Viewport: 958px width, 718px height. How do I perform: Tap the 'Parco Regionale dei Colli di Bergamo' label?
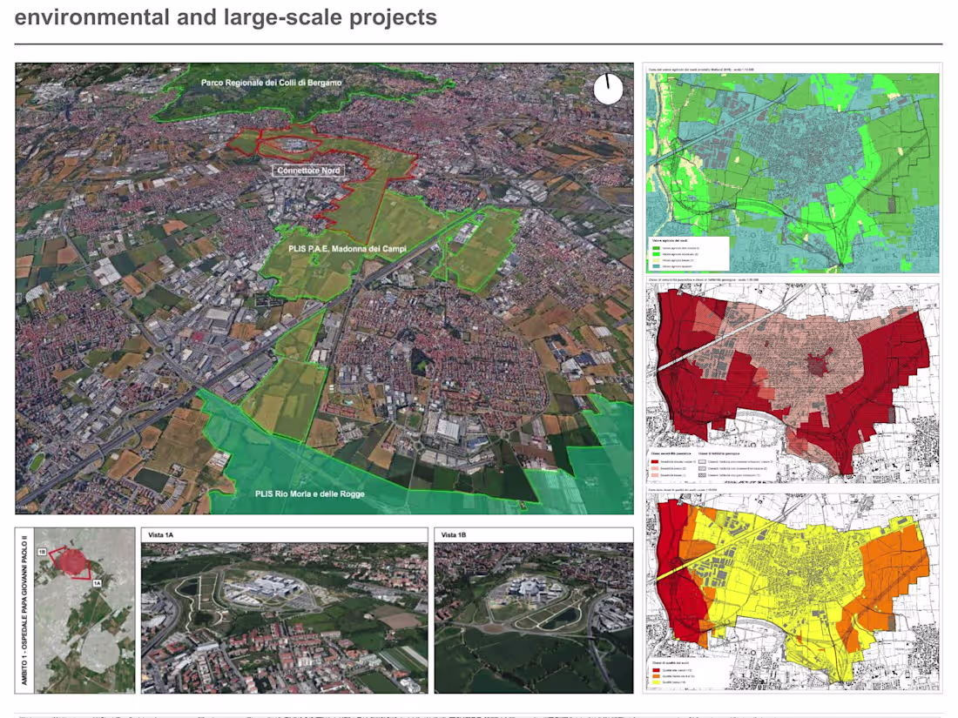271,83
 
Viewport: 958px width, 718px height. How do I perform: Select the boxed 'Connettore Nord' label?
308,171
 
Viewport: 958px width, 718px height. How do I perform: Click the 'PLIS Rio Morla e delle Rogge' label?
309,494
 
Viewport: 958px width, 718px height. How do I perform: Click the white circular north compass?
609,89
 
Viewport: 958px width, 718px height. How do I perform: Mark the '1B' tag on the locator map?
42,551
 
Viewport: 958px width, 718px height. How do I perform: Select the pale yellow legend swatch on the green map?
656,258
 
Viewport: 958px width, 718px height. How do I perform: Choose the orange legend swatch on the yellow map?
656,674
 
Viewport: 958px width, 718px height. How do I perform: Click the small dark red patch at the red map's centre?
816,364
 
